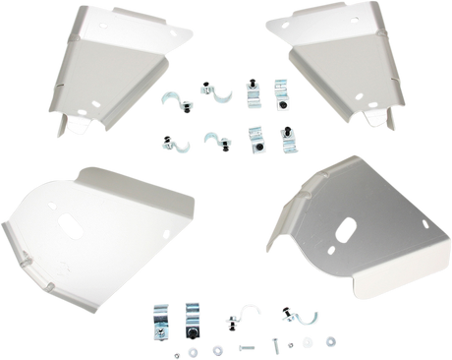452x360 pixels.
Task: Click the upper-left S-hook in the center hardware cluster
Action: (x=175, y=99)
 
